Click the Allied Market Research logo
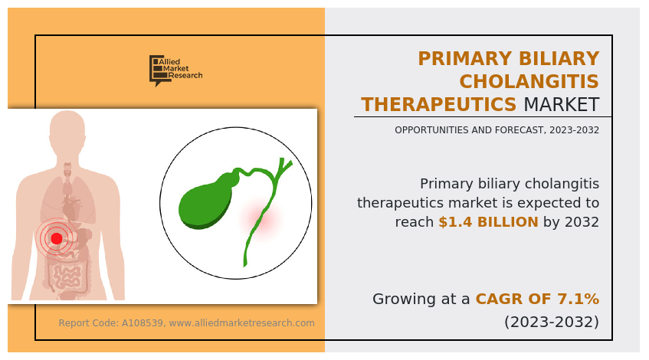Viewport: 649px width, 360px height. [176, 70]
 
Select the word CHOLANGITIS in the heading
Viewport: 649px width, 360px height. [529, 81]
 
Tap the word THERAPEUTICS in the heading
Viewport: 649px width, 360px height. [439, 104]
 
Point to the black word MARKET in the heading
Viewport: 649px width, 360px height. [562, 104]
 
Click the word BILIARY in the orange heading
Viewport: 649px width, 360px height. [559, 58]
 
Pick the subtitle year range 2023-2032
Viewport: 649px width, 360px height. [574, 130]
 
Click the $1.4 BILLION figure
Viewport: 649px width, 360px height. [488, 222]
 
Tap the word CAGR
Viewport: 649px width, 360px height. [493, 299]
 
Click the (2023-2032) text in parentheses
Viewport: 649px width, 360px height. [552, 322]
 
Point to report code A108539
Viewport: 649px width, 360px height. [142, 322]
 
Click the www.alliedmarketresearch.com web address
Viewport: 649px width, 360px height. [241, 322]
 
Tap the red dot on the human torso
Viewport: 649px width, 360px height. [56, 238]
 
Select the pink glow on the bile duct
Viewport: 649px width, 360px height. [260, 218]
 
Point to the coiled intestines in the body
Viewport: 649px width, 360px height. [67, 275]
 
